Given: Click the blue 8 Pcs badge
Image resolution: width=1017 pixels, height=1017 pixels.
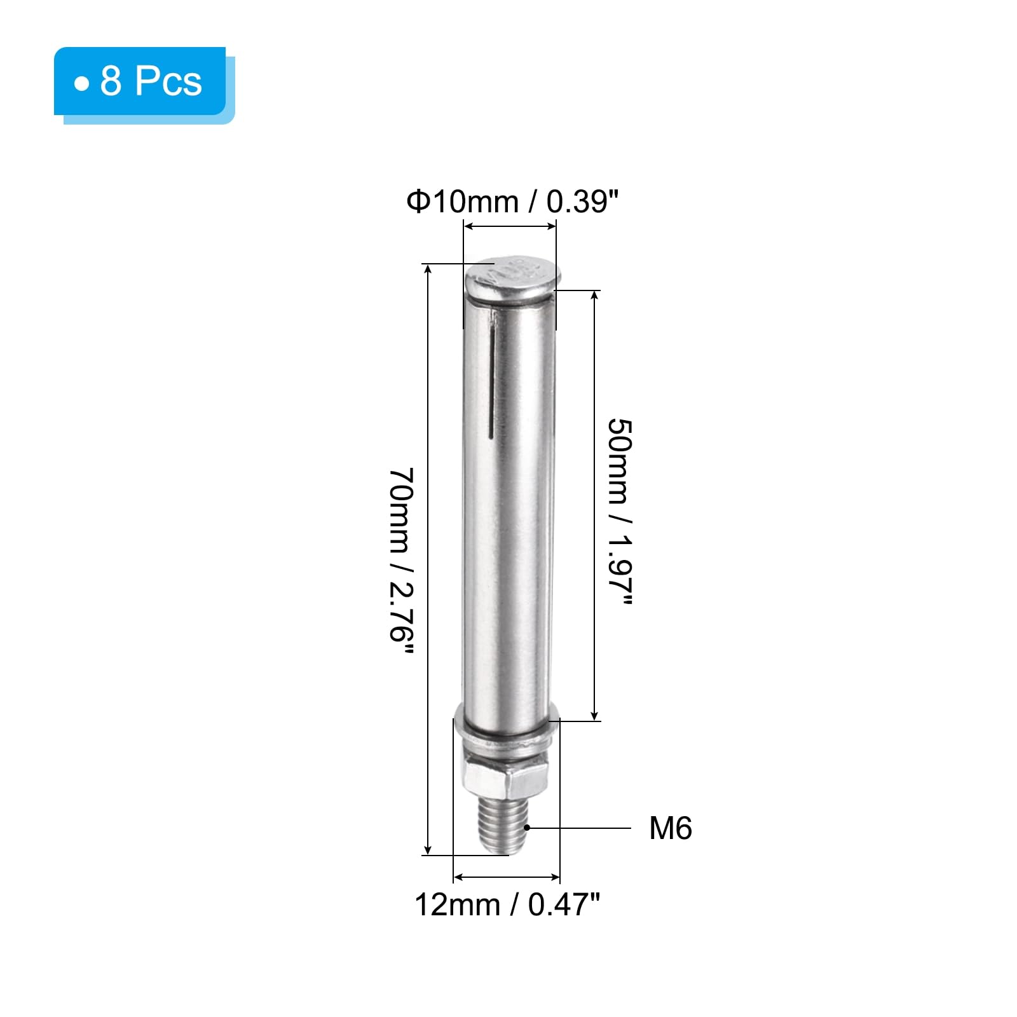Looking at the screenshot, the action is point(140,81).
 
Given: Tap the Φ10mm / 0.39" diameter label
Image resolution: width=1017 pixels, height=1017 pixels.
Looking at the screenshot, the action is point(512,202).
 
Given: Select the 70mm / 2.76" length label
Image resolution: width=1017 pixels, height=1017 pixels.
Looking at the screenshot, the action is point(402,563).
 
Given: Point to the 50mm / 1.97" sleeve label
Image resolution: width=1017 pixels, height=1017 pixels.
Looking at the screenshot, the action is point(620,512).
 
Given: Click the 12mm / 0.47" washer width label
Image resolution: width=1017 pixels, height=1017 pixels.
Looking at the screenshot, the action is point(507,904).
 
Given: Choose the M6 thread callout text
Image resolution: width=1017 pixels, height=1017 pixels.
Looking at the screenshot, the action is point(671,828).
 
